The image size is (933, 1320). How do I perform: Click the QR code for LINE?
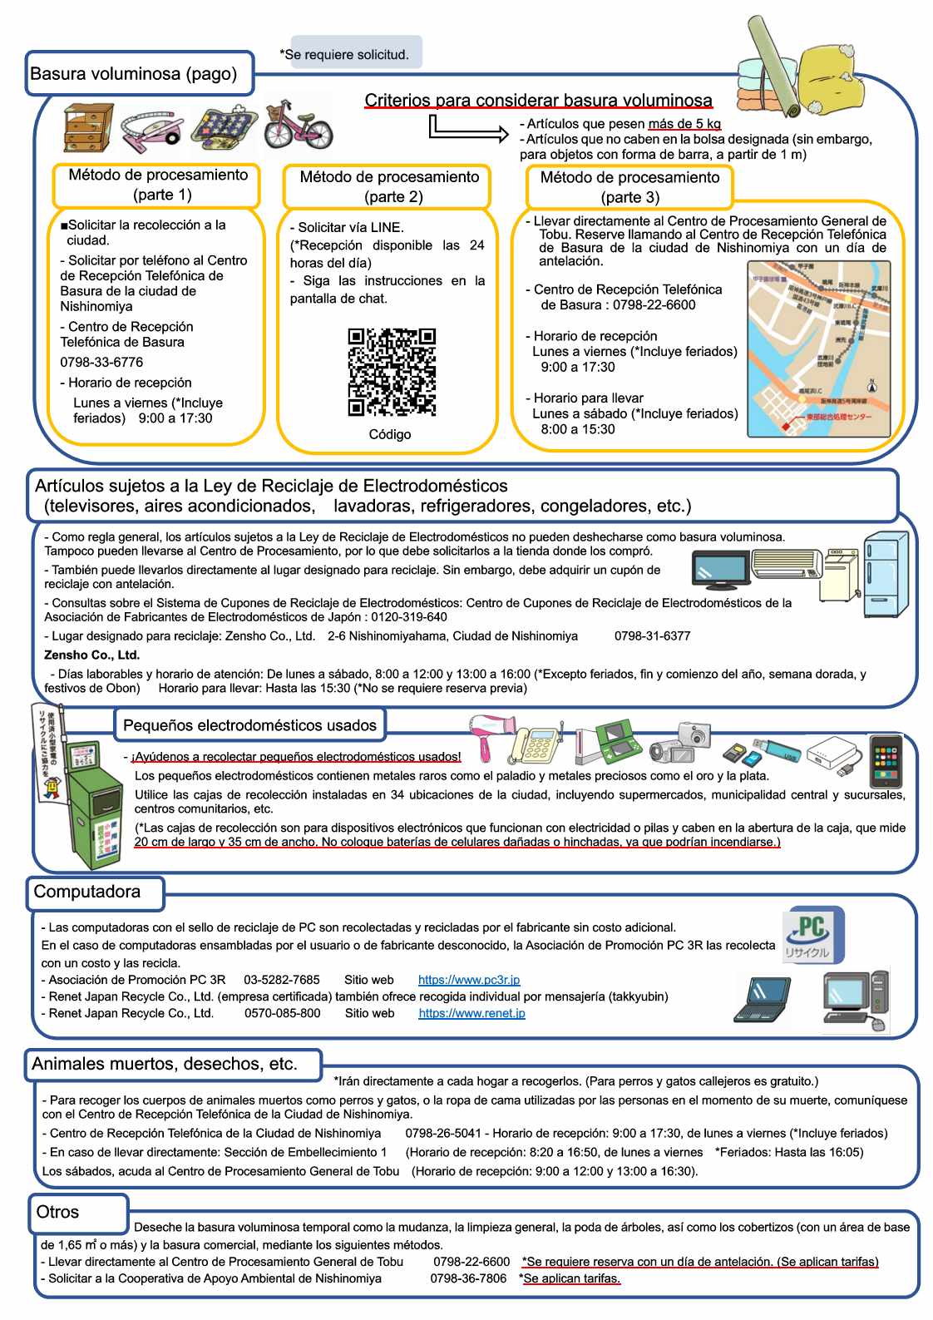click(391, 372)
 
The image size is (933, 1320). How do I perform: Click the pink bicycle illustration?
click(298, 125)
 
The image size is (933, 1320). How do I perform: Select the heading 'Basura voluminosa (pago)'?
click(134, 73)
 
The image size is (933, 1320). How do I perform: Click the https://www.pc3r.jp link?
click(469, 980)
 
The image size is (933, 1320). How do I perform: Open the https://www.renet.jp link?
click(471, 1013)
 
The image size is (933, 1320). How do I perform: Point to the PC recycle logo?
click(812, 935)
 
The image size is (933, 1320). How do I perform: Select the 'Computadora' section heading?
click(87, 892)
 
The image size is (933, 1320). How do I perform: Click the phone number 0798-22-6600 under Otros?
click(471, 1262)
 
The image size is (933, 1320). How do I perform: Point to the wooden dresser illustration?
click(88, 127)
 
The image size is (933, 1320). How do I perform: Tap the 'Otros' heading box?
click(58, 1212)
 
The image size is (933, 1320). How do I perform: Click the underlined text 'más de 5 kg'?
click(684, 124)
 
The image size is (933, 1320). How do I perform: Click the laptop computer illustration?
click(763, 999)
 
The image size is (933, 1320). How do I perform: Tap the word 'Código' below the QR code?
click(390, 434)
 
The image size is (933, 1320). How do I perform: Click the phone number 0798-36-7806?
click(468, 1278)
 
